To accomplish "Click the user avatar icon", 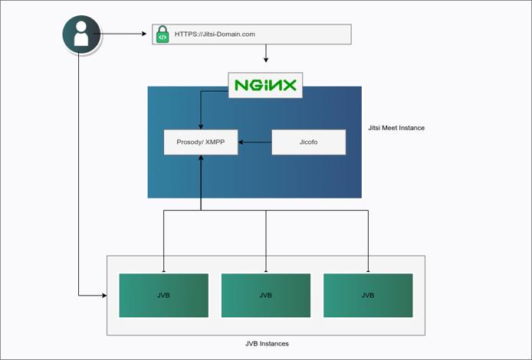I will pos(80,34).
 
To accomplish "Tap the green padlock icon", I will pos(163,34).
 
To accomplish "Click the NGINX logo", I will pos(266,85).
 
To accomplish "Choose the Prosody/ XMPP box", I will pos(201,142).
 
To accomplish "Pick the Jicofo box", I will pos(308,142).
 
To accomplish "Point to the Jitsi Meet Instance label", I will pos(396,128).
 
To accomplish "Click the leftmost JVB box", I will pos(163,295).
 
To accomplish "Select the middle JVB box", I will pos(266,295).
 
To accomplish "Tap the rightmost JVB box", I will pos(368,295).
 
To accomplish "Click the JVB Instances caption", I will pos(266,344).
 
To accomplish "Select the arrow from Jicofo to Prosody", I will pos(255,142).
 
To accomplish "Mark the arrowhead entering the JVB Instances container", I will pos(103,295).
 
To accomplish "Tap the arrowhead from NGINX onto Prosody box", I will pos(201,126).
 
